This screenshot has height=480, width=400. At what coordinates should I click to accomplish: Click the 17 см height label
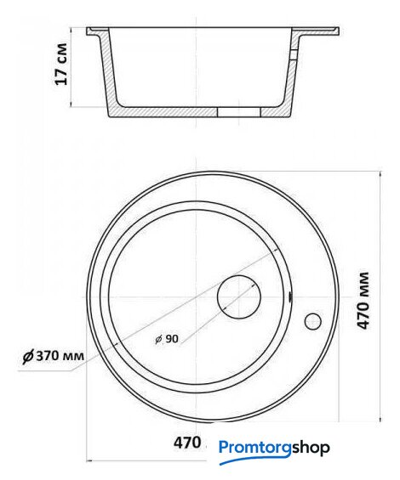[60, 64]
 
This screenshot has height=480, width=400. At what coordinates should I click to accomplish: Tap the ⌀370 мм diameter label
[54, 356]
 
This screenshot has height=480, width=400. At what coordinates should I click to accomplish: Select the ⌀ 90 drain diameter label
[167, 339]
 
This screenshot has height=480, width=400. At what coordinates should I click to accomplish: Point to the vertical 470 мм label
[363, 300]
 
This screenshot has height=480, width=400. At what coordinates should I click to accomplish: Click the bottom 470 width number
[187, 443]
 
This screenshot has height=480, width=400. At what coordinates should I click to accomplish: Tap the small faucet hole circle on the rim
[313, 321]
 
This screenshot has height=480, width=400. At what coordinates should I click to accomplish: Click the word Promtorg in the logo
[254, 449]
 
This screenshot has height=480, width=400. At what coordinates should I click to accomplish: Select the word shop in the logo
[311, 449]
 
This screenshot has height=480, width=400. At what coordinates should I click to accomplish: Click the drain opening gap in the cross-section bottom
[239, 112]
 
